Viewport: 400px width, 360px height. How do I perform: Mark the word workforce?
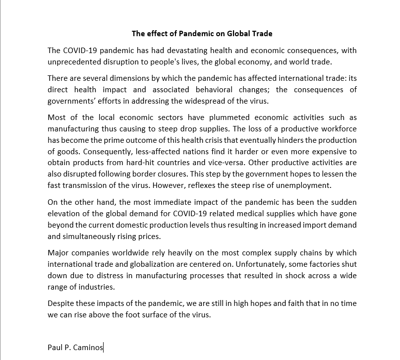point(337,129)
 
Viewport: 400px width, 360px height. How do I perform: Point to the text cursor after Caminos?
point(104,348)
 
